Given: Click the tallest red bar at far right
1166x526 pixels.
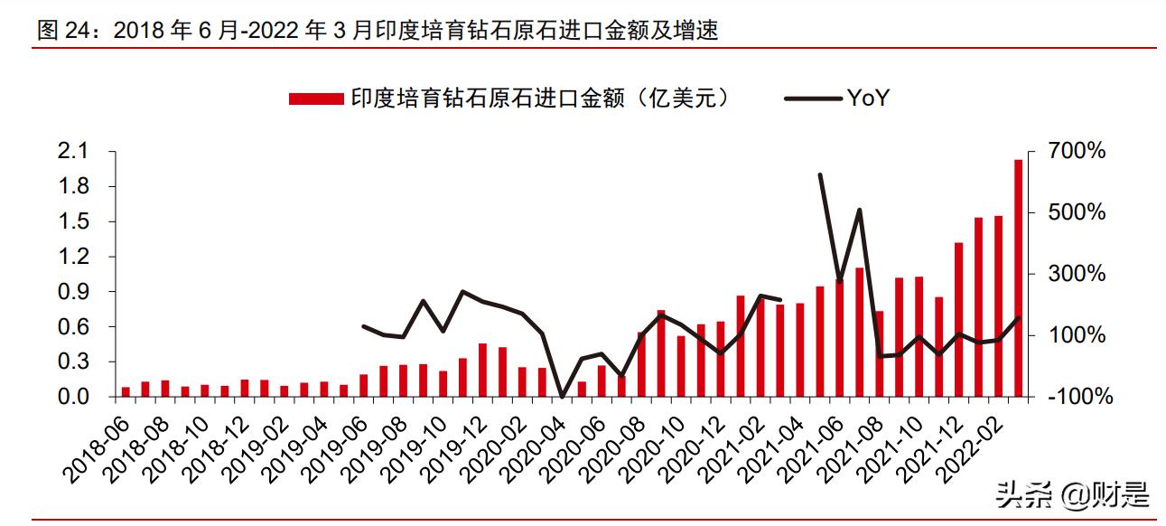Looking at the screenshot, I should tap(1018, 277).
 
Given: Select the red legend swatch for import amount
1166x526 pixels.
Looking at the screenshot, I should tap(315, 99).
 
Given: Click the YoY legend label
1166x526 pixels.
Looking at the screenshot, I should tap(868, 99).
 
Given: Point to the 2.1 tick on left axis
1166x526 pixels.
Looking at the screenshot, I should tap(74, 151).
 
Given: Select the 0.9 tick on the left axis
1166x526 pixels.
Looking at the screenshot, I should tap(74, 292).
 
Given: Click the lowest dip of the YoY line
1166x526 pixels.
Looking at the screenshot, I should tap(562, 397).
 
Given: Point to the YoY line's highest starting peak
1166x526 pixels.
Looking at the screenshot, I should tap(820, 174).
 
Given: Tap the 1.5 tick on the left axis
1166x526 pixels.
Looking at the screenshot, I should tap(74, 221).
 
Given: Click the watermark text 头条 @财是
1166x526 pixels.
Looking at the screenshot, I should tap(1073, 494).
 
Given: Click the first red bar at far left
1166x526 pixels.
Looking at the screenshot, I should tap(126, 391).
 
